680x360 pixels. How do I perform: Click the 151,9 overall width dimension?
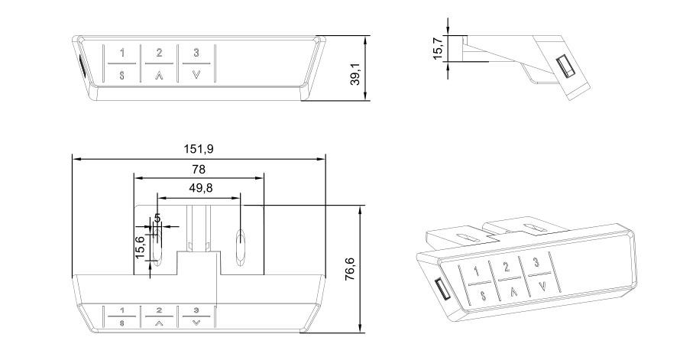pyautogui.click(x=198, y=148)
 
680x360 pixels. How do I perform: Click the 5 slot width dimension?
pyautogui.click(x=157, y=218)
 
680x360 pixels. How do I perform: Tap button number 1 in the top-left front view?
pyautogui.click(x=121, y=53)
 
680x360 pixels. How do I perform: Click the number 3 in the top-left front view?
pyautogui.click(x=196, y=53)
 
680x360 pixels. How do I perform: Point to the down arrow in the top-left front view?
pyautogui.click(x=196, y=75)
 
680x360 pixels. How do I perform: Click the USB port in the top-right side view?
pyautogui.click(x=567, y=68)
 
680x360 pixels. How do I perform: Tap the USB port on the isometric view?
pyautogui.click(x=442, y=290)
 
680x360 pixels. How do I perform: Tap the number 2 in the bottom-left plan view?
pyautogui.click(x=159, y=311)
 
